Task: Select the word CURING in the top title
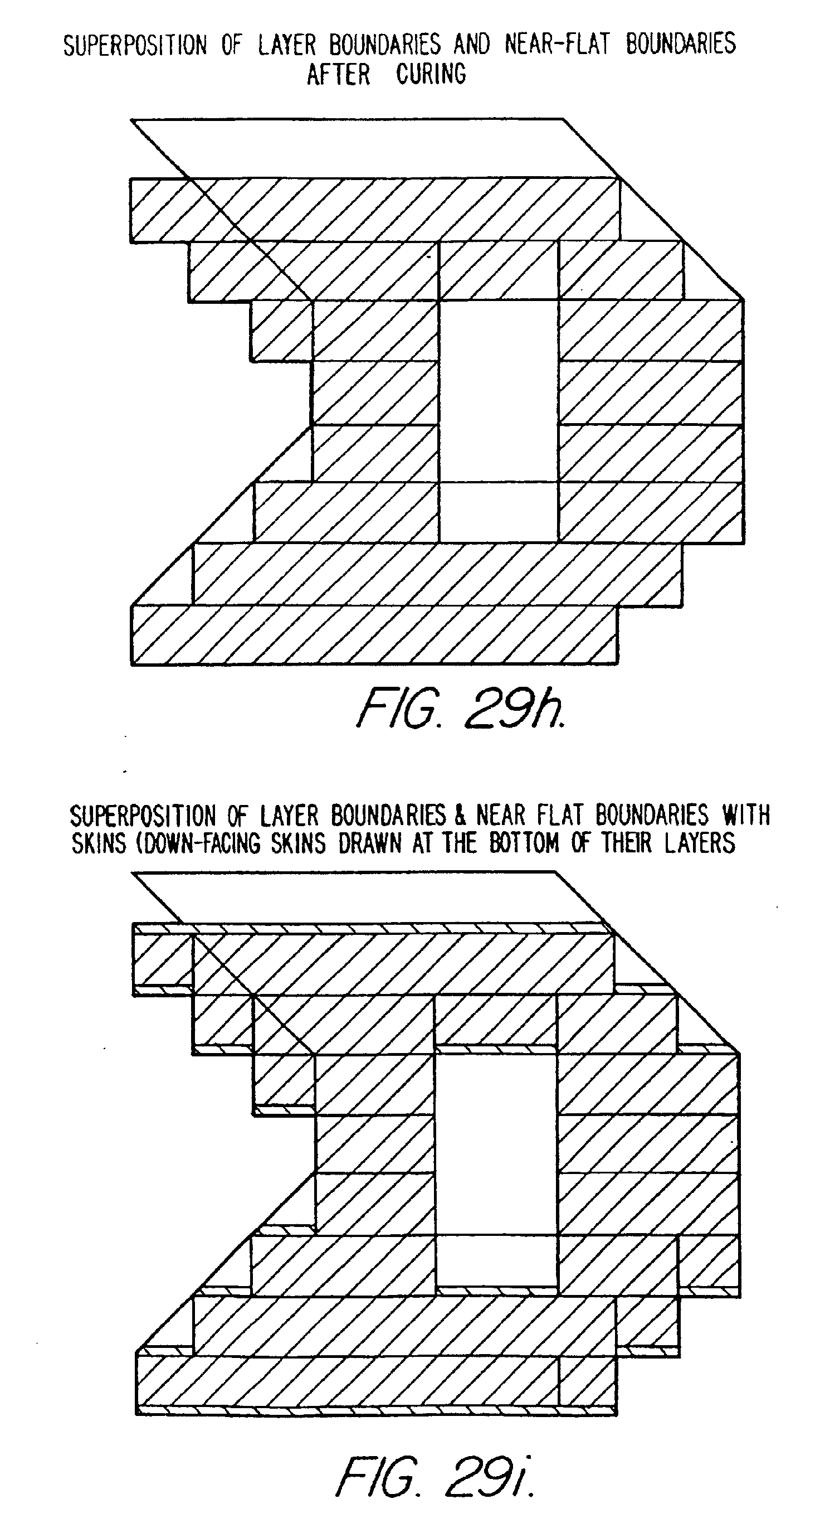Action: click(431, 75)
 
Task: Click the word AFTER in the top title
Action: click(339, 75)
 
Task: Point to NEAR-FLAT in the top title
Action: click(557, 45)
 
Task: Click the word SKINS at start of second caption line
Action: click(99, 843)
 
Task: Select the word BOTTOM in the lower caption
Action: click(524, 843)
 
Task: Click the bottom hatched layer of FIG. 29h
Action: click(374, 636)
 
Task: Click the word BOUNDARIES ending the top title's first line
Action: click(681, 45)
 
